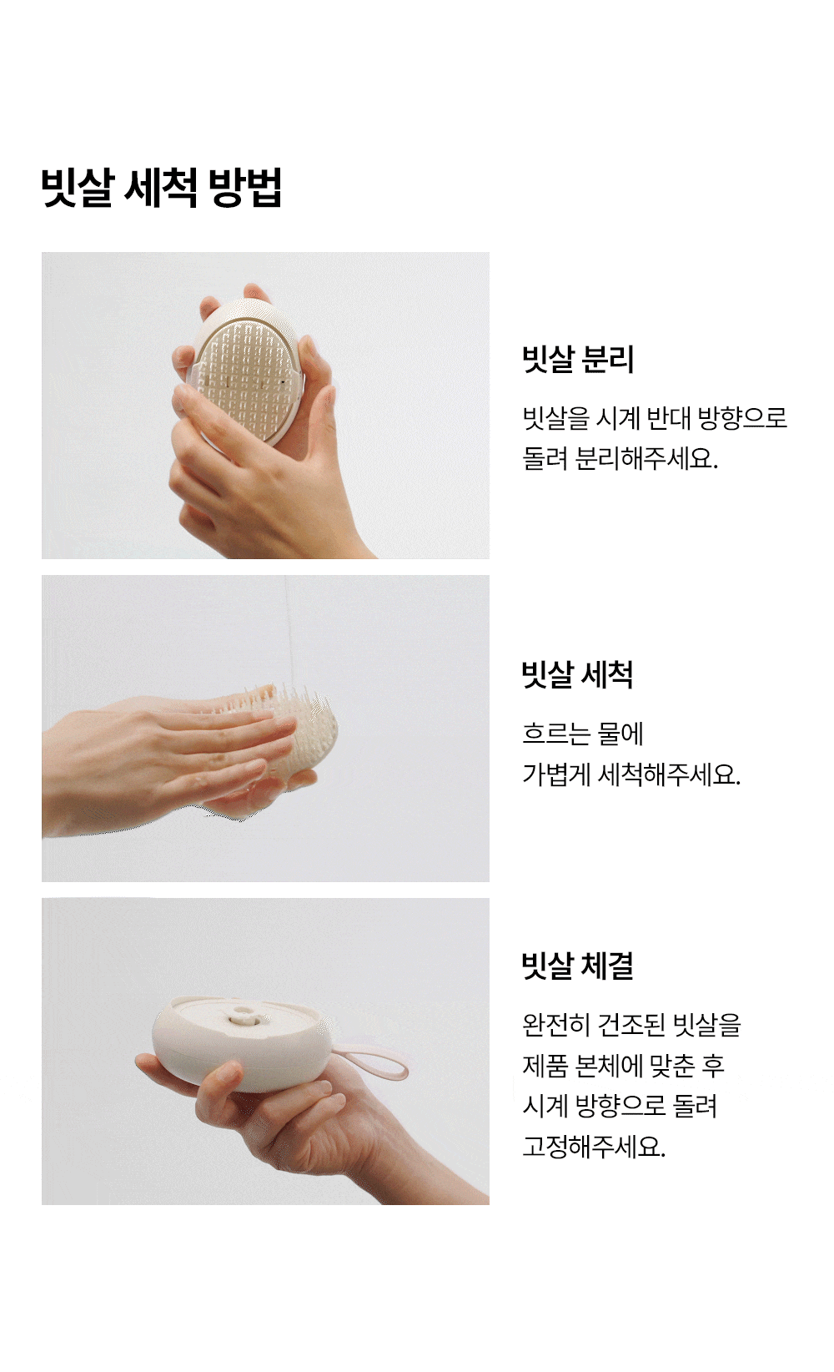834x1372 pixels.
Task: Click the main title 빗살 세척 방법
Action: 161,187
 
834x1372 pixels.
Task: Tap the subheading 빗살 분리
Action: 578,359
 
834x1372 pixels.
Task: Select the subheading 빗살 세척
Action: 577,675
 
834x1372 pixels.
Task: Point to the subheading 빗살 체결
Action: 577,966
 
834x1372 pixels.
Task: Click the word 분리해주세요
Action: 646,458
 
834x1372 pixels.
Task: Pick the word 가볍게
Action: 555,774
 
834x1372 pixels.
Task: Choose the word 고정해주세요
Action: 594,1147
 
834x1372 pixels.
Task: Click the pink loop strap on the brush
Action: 374,1060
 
